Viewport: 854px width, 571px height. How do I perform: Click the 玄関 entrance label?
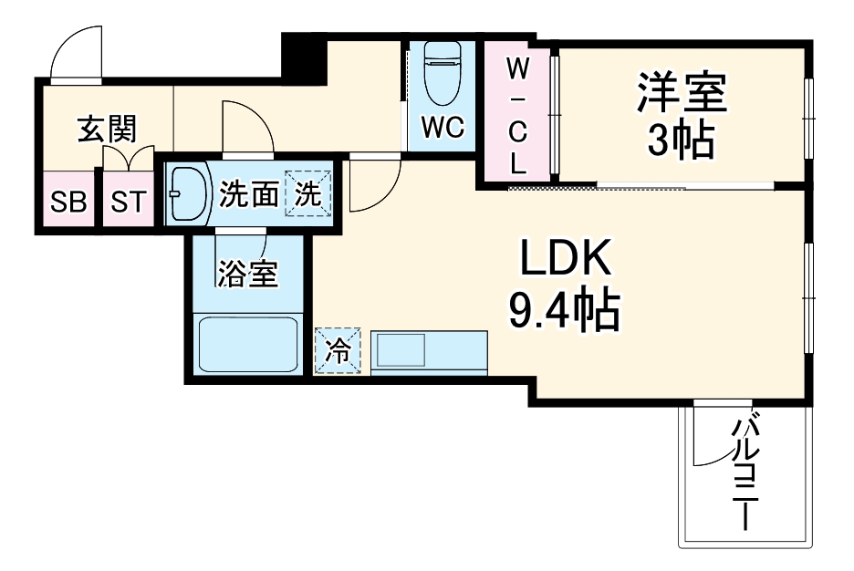click(106, 130)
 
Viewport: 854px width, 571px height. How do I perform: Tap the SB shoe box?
click(68, 201)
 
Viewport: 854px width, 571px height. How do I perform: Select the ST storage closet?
click(128, 201)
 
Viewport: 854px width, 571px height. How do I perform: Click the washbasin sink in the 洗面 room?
click(189, 193)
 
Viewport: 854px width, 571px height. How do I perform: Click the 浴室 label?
click(247, 274)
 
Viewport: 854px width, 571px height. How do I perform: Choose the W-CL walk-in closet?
click(516, 114)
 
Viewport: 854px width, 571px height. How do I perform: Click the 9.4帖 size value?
click(565, 312)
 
